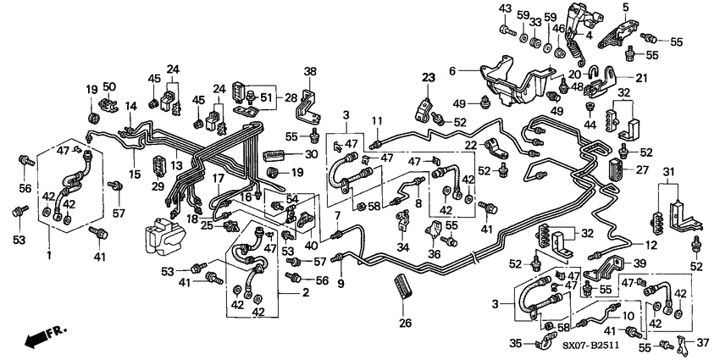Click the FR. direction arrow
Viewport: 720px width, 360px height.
pos(42,338)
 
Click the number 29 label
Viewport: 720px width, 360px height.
pos(157,186)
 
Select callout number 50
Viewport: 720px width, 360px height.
pos(108,87)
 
